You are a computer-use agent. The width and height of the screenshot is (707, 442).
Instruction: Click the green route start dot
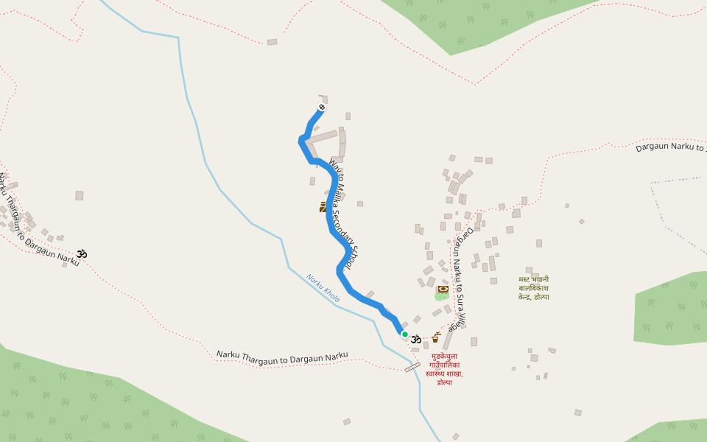pos(404,334)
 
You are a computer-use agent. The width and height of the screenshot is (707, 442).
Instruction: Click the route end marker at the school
pos(321,108)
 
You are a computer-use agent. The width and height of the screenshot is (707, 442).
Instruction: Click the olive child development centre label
pos(533,288)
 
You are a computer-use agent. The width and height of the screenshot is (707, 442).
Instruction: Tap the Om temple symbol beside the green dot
pos(416,339)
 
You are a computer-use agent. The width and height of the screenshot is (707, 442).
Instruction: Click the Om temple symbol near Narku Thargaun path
pos(82,253)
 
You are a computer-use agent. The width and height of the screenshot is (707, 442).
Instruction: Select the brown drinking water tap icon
pos(435,337)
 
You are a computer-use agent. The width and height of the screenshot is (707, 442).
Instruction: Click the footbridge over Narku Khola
pos(412,366)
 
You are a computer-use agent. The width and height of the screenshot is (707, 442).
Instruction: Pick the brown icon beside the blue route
pos(323,207)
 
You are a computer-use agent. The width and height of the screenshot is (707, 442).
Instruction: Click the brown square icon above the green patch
pos(443,289)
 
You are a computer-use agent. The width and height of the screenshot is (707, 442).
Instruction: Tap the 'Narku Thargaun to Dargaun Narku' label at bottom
pos(282,356)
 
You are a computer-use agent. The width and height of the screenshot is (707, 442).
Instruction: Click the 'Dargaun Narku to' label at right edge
pos(670,147)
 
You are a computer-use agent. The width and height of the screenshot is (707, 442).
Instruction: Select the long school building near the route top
pos(322,138)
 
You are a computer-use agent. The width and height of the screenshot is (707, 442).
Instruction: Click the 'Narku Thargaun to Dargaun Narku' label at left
pos(37,221)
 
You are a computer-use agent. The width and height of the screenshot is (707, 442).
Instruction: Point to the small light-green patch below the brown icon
pos(441,297)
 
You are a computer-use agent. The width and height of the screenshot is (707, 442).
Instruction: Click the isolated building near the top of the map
pos(272,42)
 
